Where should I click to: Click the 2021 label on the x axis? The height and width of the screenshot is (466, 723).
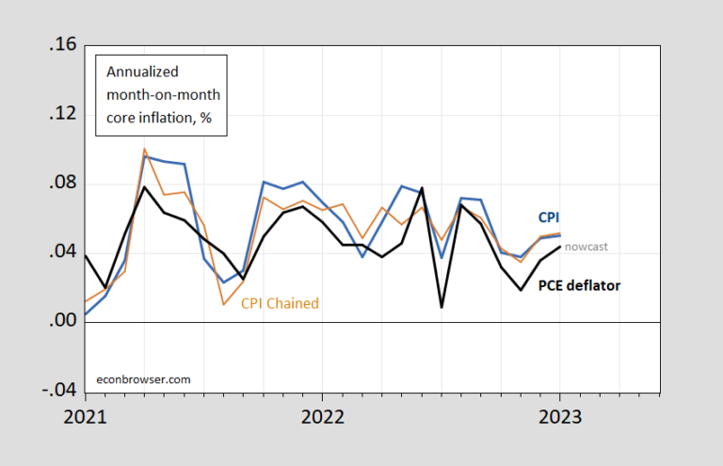pyautogui.click(x=85, y=415)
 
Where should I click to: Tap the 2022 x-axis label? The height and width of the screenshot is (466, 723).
pyautogui.click(x=322, y=415)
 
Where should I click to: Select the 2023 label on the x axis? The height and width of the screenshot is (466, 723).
pyautogui.click(x=559, y=415)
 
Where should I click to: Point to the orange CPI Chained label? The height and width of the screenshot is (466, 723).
pyautogui.click(x=280, y=303)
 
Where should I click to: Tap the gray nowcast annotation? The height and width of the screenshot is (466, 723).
pyautogui.click(x=586, y=247)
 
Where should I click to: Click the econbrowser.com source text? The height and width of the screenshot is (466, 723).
pyautogui.click(x=144, y=379)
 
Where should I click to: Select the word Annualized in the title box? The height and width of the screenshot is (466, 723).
pyautogui.click(x=137, y=72)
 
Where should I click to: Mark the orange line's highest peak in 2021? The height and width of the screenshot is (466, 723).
pyautogui.click(x=144, y=149)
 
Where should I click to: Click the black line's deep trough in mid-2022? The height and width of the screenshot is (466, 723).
pyautogui.click(x=442, y=306)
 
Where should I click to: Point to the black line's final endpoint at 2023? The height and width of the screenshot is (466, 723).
pyautogui.click(x=560, y=247)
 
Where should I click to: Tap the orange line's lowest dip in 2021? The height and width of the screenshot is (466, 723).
pyautogui.click(x=223, y=304)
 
